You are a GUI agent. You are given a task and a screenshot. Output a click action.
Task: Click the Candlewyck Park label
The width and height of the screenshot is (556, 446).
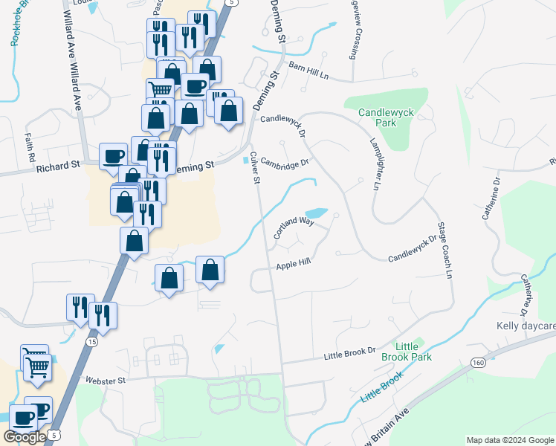[x=386, y=118]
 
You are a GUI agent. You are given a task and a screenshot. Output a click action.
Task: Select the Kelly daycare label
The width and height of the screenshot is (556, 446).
[x=526, y=326]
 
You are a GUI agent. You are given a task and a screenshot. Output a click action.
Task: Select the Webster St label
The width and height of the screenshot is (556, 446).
[x=107, y=380]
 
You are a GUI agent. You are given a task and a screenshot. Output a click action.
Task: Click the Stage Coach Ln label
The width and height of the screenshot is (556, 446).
[x=445, y=250]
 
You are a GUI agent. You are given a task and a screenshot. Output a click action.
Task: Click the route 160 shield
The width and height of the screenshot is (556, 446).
[x=477, y=362]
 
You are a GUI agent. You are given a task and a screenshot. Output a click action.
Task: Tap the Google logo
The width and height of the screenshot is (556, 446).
[x=25, y=436]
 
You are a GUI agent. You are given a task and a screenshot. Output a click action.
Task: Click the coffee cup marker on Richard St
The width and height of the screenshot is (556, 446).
[x=112, y=156]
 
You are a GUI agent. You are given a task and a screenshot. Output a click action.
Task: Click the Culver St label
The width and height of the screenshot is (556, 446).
[x=255, y=168]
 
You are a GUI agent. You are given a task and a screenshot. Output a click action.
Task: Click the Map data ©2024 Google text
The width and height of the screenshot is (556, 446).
[x=510, y=440]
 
